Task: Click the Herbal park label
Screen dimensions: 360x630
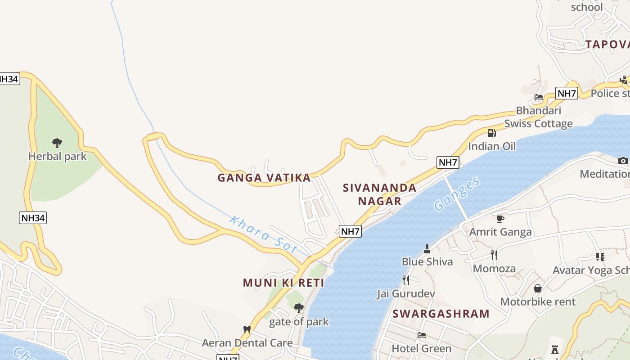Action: point(57,156)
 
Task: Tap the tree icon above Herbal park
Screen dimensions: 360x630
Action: point(57,143)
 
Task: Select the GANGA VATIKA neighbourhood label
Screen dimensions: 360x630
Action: point(264,178)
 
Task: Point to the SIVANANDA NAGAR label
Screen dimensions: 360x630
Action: point(379,194)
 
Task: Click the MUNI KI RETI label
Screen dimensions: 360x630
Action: point(283,283)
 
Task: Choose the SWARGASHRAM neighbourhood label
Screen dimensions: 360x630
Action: point(441,314)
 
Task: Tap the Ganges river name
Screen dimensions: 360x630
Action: point(457,194)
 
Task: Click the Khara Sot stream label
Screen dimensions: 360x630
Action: point(263,234)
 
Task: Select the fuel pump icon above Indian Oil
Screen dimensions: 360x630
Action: point(491,133)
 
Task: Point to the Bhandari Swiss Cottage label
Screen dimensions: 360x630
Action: point(538,117)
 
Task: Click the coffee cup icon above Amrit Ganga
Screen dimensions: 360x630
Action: point(500,219)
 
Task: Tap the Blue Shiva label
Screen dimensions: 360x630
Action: point(427,261)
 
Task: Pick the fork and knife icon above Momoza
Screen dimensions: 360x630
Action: point(494,255)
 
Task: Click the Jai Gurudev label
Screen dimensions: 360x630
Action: point(405,294)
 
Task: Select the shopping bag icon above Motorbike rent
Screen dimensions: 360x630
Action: point(538,288)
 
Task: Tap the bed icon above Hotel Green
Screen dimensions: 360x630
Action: point(421,335)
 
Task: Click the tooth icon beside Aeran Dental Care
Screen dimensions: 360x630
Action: point(247,329)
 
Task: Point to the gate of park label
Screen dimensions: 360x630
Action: point(299,322)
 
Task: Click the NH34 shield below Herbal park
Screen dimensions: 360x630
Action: point(33,218)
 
